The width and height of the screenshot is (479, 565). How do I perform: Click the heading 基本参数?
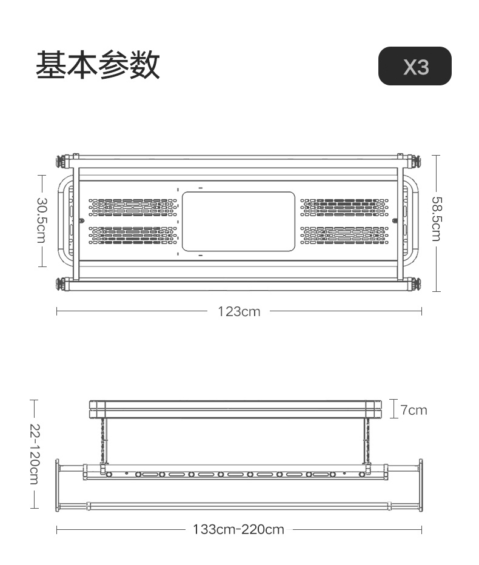(98, 65)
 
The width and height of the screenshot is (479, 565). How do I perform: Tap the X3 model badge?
(415, 66)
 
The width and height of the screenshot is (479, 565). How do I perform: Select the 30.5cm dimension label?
(41, 220)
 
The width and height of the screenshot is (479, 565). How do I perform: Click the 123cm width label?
(239, 312)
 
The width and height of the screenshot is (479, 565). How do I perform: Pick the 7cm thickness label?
(414, 410)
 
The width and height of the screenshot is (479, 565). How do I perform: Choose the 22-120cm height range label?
(34, 454)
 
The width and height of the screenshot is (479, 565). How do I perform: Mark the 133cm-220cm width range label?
(238, 530)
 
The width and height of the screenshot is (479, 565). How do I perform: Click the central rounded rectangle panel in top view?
(238, 222)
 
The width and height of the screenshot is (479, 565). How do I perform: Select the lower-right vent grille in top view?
(344, 235)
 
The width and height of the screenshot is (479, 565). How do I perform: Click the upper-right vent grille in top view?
(344, 207)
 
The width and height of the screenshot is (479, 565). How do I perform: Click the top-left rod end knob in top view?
(62, 161)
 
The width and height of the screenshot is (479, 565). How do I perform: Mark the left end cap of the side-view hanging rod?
(58, 484)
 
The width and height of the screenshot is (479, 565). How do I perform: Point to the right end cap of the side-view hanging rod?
(420, 484)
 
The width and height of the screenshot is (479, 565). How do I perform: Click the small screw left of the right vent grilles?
(395, 221)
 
